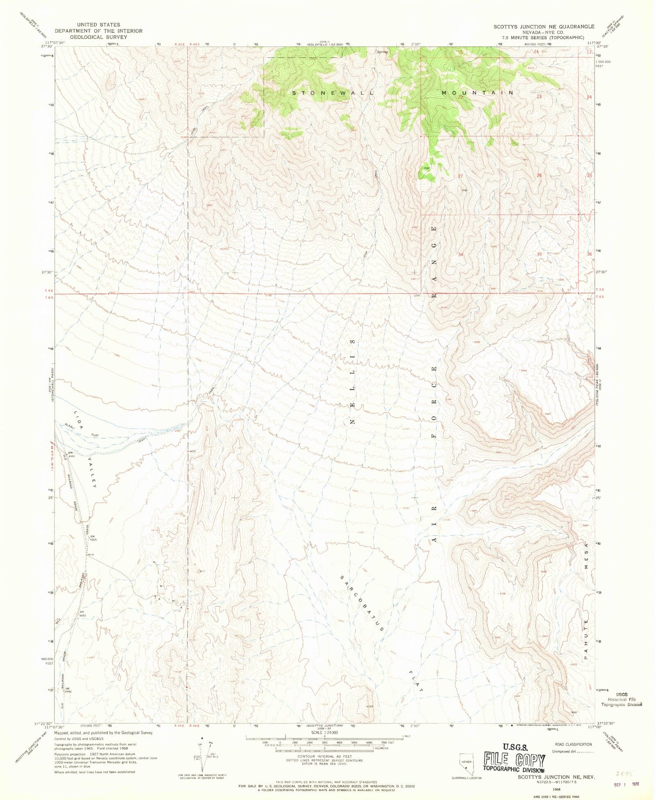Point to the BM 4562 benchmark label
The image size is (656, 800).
point(82,613)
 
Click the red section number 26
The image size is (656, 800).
point(540,176)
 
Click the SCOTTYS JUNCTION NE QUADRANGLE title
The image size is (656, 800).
point(544,26)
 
